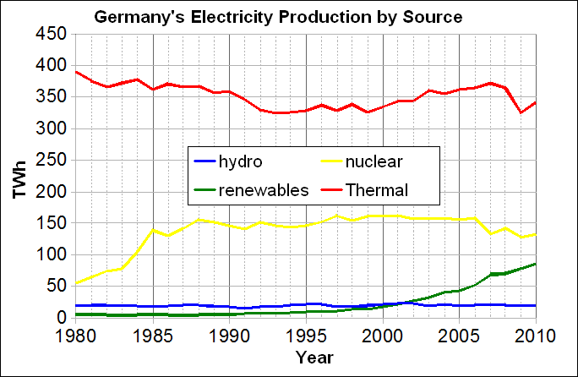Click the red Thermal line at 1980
pyautogui.click(x=76, y=72)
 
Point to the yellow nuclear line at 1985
pyautogui.click(x=153, y=229)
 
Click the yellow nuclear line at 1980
pyautogui.click(x=76, y=283)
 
